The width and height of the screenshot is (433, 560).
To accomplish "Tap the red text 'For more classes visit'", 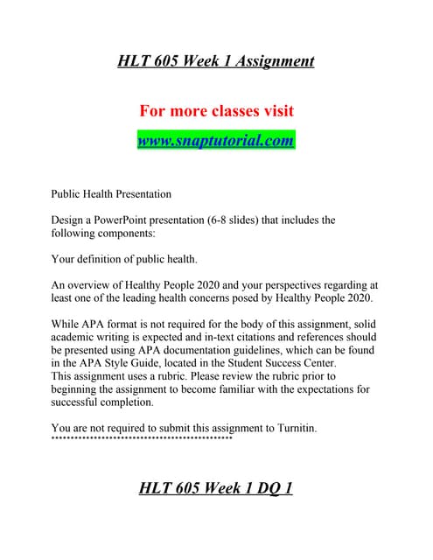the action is (x=216, y=111).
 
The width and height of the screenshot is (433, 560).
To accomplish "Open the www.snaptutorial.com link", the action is (x=216, y=139).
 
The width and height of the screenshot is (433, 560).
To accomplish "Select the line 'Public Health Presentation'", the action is (x=111, y=193).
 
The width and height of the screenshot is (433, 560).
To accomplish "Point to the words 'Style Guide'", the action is (x=141, y=363).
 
